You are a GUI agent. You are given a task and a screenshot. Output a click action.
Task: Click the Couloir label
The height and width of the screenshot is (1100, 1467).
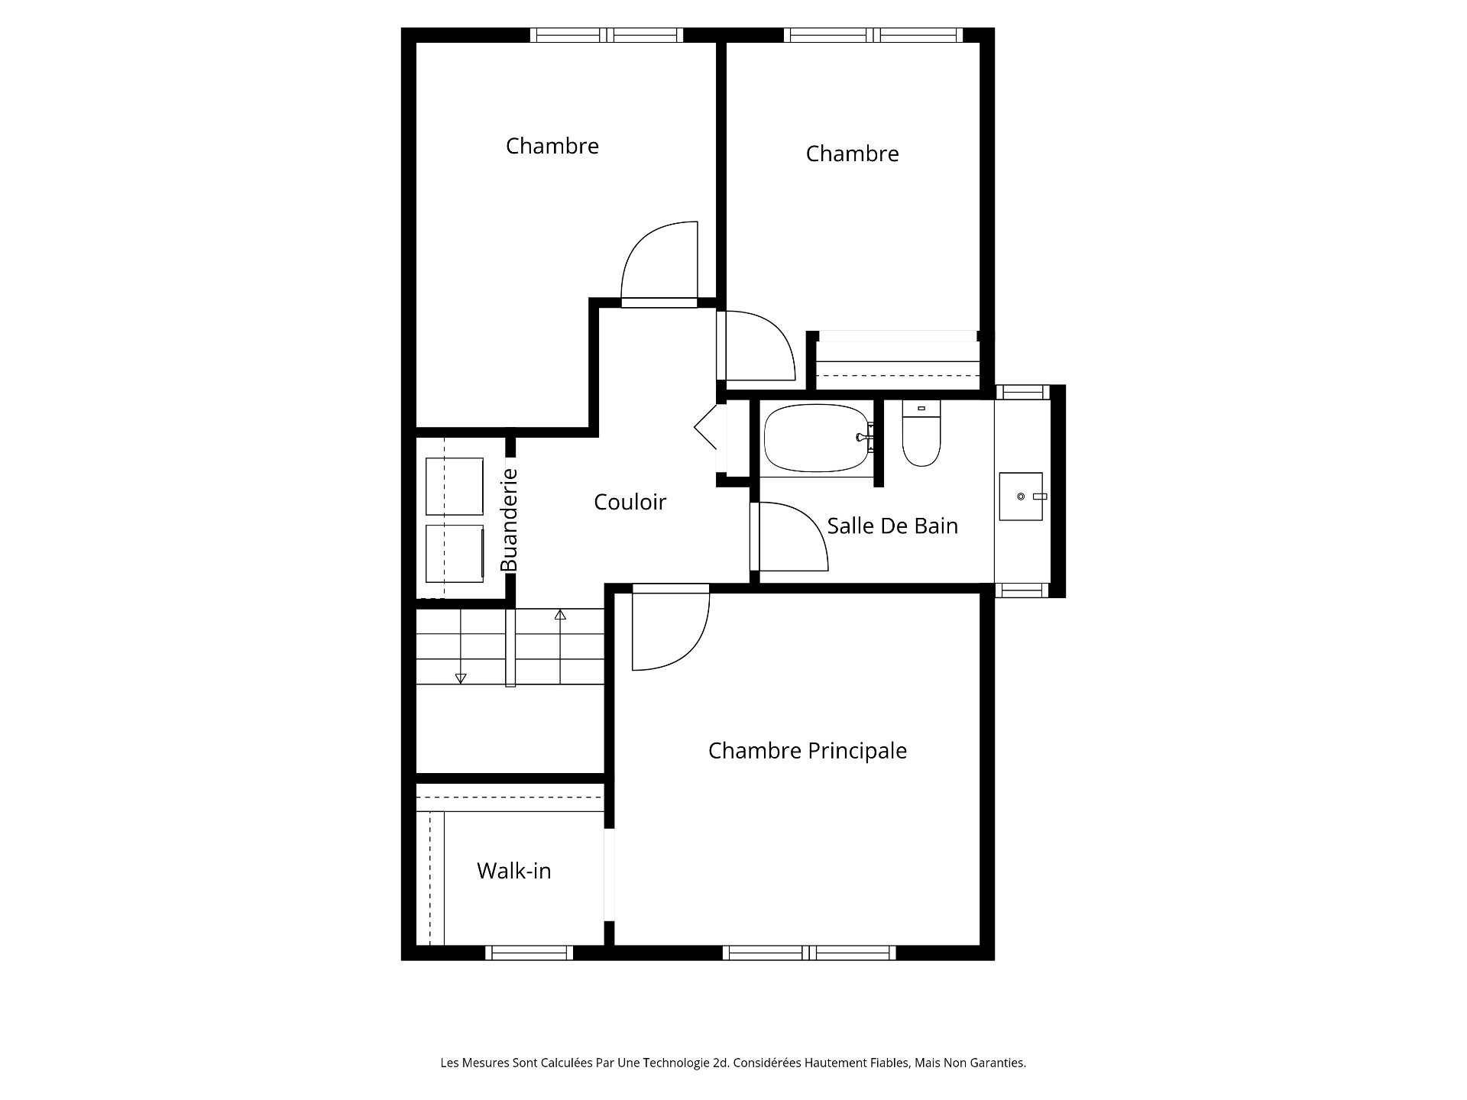coord(630,502)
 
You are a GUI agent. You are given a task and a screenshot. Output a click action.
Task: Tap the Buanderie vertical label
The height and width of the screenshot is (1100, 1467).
coord(509,519)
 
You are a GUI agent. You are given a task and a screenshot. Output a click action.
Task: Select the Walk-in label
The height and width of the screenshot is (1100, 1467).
coord(513,871)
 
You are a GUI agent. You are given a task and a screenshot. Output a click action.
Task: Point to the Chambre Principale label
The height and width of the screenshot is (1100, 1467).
coord(807,751)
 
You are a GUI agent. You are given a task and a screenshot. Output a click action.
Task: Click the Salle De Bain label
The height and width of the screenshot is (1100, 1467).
coord(892,526)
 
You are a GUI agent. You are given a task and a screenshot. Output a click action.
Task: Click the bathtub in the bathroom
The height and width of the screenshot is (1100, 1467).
coord(818,438)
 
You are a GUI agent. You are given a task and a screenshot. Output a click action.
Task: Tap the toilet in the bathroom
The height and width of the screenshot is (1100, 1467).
coord(921,432)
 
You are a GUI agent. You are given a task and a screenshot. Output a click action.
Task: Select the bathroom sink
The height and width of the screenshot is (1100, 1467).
coord(1021,497)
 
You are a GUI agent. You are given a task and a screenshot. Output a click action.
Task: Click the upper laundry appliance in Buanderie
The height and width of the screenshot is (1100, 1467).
coord(454,487)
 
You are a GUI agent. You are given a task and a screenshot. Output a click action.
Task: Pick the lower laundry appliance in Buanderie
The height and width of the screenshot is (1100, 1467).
coord(454,553)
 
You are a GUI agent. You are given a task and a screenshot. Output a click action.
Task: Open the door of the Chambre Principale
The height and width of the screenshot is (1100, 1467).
coord(670,627)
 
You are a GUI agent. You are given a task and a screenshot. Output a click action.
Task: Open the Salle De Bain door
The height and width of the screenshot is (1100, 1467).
coord(790,536)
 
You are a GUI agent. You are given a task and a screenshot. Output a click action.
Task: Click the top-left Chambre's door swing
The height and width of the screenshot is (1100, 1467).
coord(659,264)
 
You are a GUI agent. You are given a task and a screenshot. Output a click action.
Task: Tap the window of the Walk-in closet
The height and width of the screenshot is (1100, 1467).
coord(529,953)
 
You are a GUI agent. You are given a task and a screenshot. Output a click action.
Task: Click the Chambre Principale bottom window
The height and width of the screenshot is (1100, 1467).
coord(809,953)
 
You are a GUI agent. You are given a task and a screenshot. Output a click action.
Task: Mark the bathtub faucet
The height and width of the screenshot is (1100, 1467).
coord(865,438)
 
